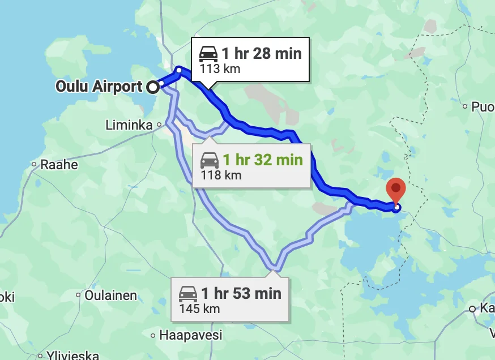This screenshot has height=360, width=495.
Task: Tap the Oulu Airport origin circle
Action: (152, 87)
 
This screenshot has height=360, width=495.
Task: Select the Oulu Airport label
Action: (99, 87)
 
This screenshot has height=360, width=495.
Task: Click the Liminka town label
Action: (129, 125)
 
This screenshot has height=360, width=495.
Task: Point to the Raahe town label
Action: (59, 165)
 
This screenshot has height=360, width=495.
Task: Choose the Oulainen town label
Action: (110, 295)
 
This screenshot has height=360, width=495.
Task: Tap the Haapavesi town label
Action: (191, 335)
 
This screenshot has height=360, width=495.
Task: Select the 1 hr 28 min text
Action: (262, 54)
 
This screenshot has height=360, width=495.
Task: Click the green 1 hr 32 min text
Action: (263, 160)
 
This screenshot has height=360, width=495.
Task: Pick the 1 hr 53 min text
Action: (241, 293)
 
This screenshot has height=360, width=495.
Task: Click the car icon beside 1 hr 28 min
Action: (208, 54)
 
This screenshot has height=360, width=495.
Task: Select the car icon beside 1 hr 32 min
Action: (210, 160)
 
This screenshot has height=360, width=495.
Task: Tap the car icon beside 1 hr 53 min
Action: (188, 294)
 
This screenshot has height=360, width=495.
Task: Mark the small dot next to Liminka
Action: (159, 125)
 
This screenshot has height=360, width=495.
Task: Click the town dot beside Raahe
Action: (34, 165)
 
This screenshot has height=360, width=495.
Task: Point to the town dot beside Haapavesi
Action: (153, 336)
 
